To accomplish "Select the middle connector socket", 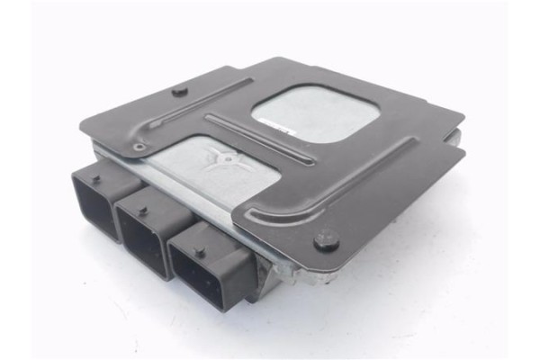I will (145, 233).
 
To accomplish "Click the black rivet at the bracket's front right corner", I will (327, 240).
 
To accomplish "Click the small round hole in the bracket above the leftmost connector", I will (138, 147).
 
